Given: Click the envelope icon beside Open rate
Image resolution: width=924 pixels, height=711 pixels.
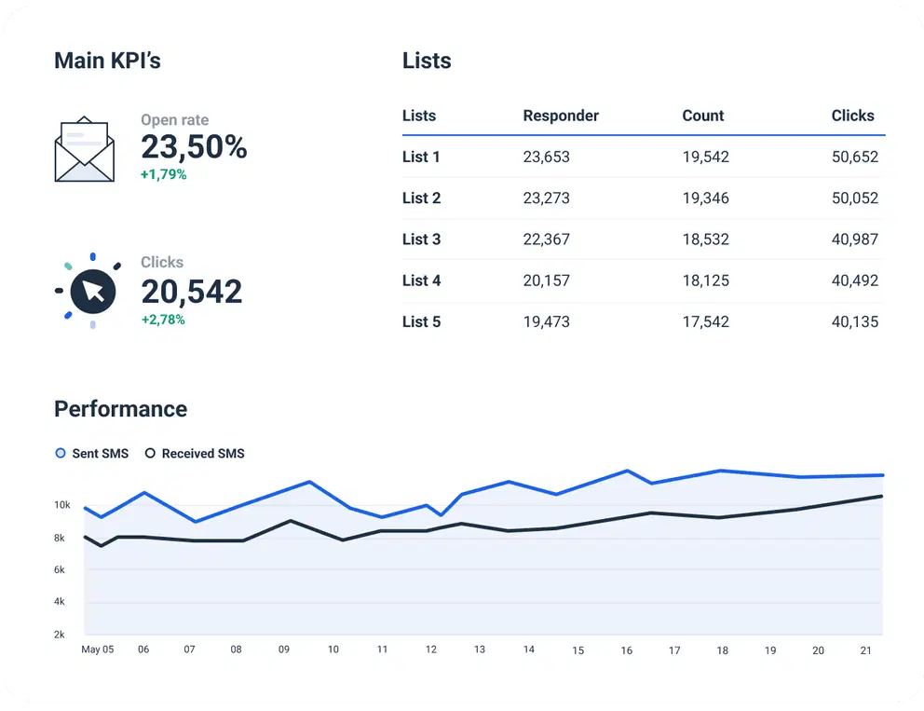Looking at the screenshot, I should [x=85, y=149].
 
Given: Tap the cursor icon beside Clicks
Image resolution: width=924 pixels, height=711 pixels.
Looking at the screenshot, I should [x=92, y=291].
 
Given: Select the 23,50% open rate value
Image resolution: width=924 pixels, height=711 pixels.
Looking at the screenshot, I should [x=194, y=147].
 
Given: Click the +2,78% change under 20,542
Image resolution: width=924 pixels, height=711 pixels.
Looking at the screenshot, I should [x=163, y=320].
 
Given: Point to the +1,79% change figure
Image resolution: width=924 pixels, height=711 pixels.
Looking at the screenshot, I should [x=163, y=174].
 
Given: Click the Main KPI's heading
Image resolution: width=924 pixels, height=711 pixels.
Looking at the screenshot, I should [x=107, y=61].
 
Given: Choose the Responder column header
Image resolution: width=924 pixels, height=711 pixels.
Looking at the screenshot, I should [x=561, y=116].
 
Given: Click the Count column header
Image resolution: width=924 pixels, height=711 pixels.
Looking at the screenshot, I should [x=702, y=116].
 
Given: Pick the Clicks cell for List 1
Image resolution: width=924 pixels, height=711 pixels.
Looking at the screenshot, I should [x=854, y=157].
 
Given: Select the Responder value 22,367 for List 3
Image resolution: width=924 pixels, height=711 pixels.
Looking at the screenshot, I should [x=546, y=239].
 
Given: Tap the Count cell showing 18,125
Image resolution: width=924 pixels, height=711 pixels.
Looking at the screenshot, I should [x=705, y=280].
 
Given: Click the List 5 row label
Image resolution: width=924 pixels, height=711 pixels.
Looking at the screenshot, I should [x=421, y=321].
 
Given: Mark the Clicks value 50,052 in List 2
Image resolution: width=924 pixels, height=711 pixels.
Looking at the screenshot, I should [x=854, y=198].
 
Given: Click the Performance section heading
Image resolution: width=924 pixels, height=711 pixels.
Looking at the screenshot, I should [x=120, y=409].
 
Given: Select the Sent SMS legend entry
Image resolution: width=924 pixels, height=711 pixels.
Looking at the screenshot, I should [x=92, y=454].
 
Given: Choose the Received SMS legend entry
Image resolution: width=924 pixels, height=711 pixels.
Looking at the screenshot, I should [x=195, y=454].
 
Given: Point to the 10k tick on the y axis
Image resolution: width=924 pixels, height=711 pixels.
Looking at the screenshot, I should [x=62, y=505].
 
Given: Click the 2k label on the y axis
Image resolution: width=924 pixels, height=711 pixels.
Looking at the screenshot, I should [x=60, y=635].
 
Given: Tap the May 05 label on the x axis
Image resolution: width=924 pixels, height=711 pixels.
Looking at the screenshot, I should [x=98, y=649].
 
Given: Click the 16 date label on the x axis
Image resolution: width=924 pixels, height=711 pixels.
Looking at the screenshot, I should [x=627, y=650].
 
